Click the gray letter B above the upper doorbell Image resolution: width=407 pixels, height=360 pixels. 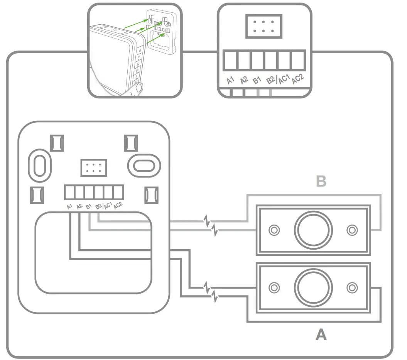tap(321, 181)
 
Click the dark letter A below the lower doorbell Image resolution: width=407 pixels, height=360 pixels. tap(321, 335)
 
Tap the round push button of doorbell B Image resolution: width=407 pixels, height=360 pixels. tap(313, 230)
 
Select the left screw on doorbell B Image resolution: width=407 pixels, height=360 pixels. tap(274, 230)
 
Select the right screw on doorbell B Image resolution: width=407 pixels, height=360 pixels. tap(352, 230)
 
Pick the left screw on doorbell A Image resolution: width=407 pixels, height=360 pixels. tap(274, 287)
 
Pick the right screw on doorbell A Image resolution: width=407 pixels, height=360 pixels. tap(352, 287)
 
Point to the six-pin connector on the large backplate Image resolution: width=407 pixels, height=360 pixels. tap(93, 167)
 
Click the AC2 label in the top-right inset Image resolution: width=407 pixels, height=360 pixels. tap(297, 79)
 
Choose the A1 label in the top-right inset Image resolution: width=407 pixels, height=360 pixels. tap(230, 80)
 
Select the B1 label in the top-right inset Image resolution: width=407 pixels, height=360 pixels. tap(256, 80)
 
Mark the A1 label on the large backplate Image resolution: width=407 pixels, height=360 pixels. tap(69, 206)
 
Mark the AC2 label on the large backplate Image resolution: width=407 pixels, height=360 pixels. tap(118, 205)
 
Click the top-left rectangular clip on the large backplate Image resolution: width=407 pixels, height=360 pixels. tap(57, 143)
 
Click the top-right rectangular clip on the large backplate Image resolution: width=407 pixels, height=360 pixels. tap(131, 143)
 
